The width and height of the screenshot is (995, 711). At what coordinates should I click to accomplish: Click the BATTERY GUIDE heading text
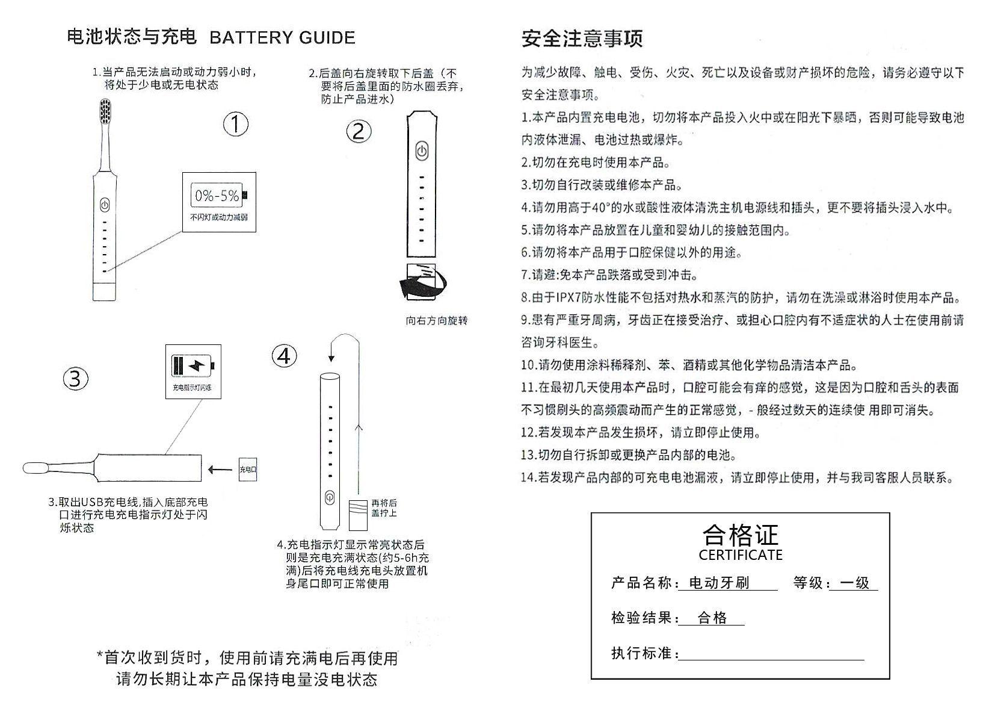pyautogui.click(x=282, y=38)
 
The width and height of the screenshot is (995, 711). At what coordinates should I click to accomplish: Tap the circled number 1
pyautogui.click(x=236, y=125)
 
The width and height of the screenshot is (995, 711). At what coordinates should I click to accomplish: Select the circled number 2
pyautogui.click(x=359, y=131)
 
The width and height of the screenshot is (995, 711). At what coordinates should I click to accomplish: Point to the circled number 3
pyautogui.click(x=76, y=379)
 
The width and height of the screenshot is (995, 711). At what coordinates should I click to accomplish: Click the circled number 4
pyautogui.click(x=284, y=356)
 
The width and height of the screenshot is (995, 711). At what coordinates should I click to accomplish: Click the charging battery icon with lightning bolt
pyautogui.click(x=193, y=365)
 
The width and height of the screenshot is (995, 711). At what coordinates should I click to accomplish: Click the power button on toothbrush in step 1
pyautogui.click(x=105, y=205)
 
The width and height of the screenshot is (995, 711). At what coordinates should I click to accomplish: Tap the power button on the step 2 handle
pyautogui.click(x=422, y=151)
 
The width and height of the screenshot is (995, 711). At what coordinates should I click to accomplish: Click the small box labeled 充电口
pyautogui.click(x=248, y=469)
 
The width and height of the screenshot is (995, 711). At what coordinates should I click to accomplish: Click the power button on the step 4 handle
pyautogui.click(x=329, y=498)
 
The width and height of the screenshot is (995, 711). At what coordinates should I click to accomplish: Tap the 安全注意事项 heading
pyautogui.click(x=582, y=39)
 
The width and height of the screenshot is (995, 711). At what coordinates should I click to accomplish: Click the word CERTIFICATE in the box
pyautogui.click(x=741, y=555)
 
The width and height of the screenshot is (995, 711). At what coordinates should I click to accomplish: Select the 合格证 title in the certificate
pyautogui.click(x=741, y=535)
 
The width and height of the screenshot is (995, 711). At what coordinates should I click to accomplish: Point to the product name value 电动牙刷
pyautogui.click(x=719, y=583)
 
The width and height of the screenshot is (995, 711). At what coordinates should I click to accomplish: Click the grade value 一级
pyautogui.click(x=854, y=583)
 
